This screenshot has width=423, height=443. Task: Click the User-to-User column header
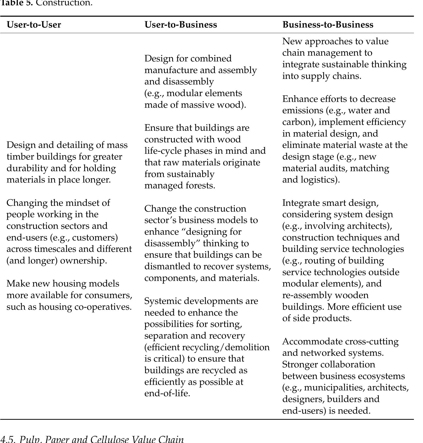click(x=34, y=25)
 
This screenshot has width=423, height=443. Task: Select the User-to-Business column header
click(x=180, y=25)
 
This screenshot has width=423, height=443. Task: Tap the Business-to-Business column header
click(x=327, y=25)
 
